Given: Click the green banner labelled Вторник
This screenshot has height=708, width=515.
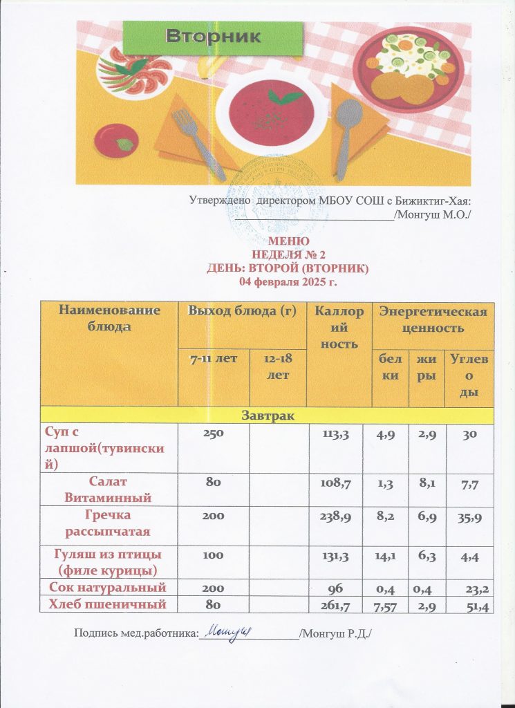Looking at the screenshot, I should click(213, 37).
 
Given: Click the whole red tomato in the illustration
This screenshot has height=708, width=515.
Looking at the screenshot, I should click(114, 140).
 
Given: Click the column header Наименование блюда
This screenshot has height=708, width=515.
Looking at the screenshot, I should click(110, 318).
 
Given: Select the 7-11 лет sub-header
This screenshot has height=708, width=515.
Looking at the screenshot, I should click(214, 358).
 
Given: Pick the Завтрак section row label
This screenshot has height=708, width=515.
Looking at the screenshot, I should click(266, 415).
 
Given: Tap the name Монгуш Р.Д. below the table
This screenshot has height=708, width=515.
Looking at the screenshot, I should click(337, 633).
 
